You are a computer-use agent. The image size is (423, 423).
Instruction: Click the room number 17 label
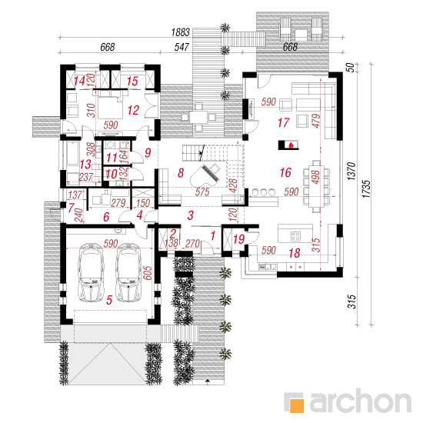click(284, 123)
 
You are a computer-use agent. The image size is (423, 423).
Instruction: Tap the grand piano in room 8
click(206, 175)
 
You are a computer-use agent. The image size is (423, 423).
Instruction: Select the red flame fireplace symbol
click(291, 145)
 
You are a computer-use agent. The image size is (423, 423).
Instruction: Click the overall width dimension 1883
click(181, 32)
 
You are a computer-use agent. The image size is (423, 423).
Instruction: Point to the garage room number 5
click(109, 300)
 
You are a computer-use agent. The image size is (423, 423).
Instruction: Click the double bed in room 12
click(110, 105)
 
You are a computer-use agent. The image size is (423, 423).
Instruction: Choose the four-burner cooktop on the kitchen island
click(295, 236)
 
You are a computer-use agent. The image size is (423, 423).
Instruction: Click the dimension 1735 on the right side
click(366, 189)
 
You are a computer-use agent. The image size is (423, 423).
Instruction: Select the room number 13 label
click(85, 165)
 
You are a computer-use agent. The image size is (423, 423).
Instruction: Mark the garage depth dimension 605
click(148, 273)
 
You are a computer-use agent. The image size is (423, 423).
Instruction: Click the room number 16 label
click(285, 172)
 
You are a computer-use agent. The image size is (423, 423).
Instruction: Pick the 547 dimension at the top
click(182, 47)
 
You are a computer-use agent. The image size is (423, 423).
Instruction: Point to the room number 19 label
click(238, 239)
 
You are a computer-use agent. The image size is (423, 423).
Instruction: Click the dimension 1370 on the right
click(351, 172)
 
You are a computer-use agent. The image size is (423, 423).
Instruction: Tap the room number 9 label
click(148, 153)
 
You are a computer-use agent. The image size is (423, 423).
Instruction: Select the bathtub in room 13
click(72, 153)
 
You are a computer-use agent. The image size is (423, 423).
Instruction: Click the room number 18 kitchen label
click(295, 253)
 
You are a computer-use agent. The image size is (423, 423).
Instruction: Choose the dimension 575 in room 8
click(202, 192)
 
